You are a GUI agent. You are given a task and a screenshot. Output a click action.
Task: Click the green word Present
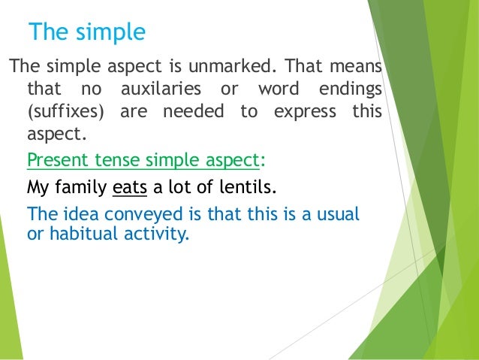[x=56, y=161]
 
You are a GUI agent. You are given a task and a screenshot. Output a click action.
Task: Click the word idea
[x=71, y=213]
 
